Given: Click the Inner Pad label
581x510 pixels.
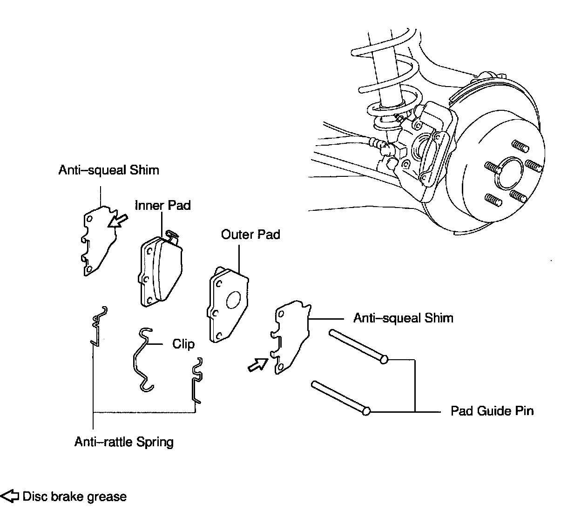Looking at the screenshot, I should click(x=162, y=205).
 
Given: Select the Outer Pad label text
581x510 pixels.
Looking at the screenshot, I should click(x=250, y=234).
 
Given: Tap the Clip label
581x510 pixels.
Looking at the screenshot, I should click(x=183, y=344).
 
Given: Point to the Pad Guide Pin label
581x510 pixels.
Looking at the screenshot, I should click(x=492, y=411).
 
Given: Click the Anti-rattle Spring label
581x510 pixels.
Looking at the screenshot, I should click(x=124, y=442).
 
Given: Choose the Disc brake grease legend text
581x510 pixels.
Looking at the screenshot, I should click(x=74, y=497).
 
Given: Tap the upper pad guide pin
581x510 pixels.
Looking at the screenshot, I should click(x=358, y=345).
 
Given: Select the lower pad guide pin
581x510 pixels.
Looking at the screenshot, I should click(x=340, y=396).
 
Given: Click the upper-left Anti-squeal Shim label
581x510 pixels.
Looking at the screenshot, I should click(x=108, y=170).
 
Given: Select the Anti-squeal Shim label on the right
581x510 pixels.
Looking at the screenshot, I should click(x=403, y=318).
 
